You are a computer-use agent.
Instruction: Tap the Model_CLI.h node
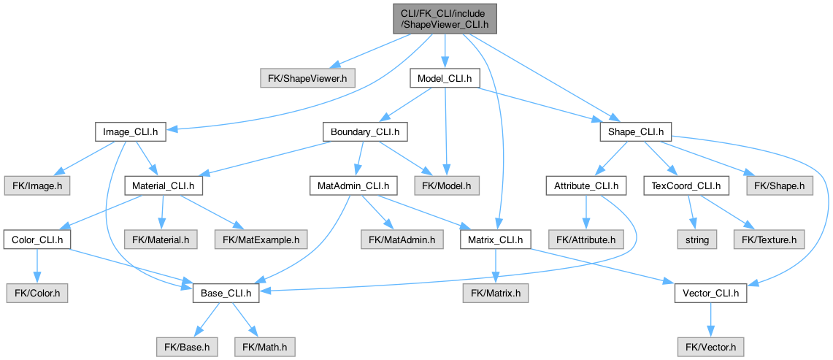point(444,77)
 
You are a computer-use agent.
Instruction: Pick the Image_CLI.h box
point(131,132)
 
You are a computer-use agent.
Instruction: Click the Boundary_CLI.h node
point(365,132)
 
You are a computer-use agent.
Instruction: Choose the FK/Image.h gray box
point(37,185)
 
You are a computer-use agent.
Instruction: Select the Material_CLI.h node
point(164,185)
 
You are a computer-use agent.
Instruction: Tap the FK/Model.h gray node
point(446,185)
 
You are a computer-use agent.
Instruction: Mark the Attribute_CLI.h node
point(586,185)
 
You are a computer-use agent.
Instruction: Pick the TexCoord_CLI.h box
point(686,185)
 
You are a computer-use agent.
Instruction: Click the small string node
point(696,239)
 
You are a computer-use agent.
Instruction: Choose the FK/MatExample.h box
point(261,239)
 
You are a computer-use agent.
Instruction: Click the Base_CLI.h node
point(226,294)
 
